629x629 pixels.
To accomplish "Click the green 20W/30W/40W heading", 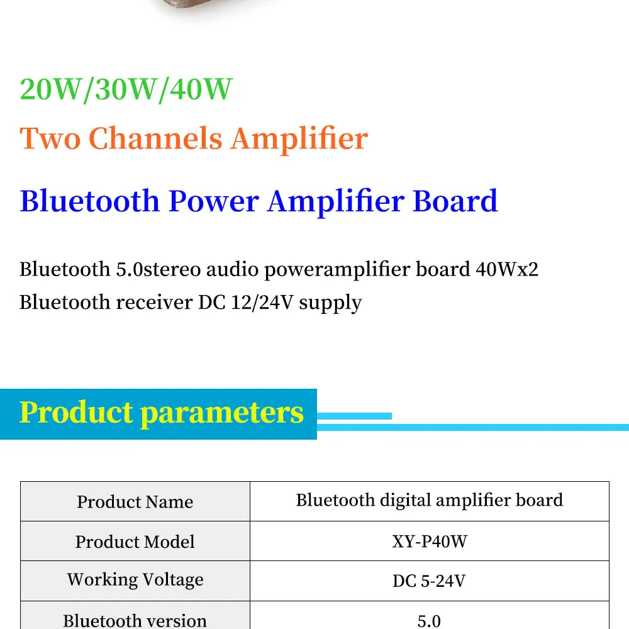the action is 126,89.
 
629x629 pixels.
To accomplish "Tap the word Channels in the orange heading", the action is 155,138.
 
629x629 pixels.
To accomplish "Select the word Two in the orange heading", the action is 50,138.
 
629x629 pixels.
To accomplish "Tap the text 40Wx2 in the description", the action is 507,269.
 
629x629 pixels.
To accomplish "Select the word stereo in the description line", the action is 172,269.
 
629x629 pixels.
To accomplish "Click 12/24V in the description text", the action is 262,303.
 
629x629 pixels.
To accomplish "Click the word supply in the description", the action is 330,303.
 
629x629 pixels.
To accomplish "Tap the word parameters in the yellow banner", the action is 222,413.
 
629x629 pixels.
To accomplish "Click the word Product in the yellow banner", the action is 76,412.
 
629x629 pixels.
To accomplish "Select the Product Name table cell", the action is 135,501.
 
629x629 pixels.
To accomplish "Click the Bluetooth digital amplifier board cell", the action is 430,501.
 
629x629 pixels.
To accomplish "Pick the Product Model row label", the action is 135,542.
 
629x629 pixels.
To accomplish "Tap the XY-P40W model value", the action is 430,542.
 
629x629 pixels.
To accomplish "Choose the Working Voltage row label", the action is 135,580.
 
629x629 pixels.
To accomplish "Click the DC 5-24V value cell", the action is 430,581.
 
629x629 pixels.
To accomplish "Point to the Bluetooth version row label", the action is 135,620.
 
